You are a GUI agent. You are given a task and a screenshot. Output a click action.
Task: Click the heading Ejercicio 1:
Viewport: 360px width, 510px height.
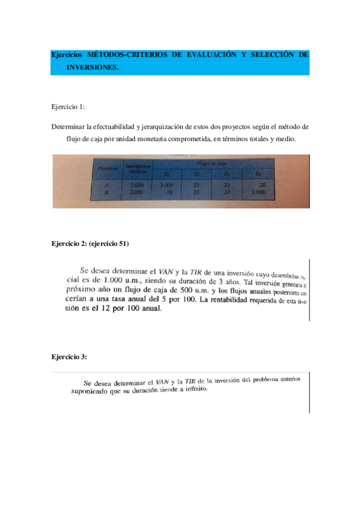[x=68, y=107]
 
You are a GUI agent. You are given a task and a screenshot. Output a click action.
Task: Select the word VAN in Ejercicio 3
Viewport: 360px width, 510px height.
[x=163, y=381]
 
